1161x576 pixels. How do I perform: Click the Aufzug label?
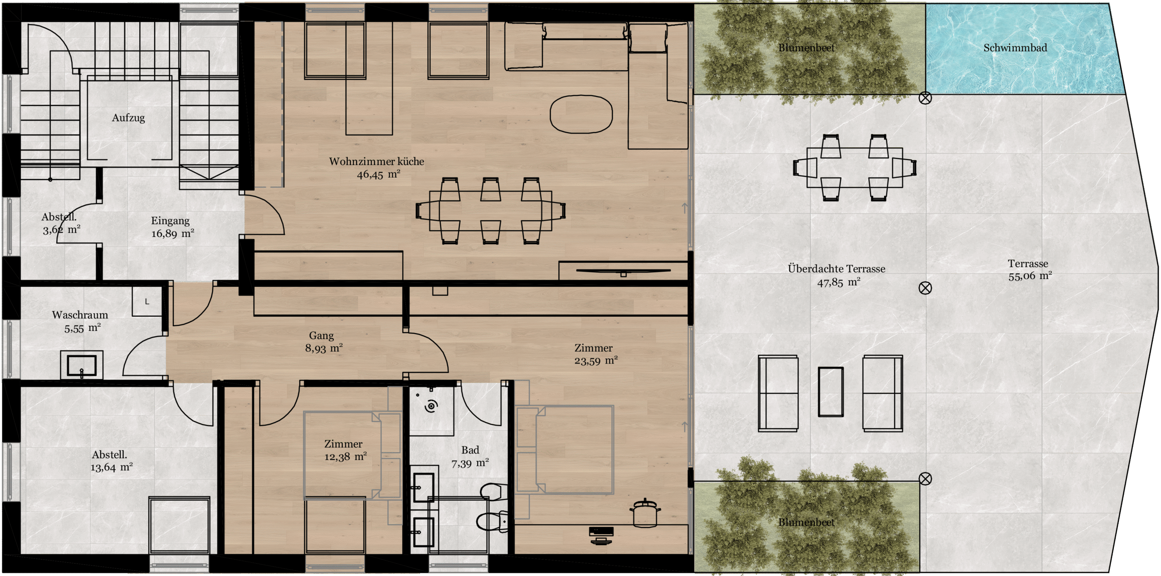coord(128,118)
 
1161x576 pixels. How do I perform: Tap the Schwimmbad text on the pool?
coord(1015,48)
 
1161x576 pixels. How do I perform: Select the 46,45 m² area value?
coord(378,174)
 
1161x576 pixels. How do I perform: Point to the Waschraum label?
coord(80,315)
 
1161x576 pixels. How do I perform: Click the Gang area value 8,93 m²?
coord(324,348)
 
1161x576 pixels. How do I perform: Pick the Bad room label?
coord(470,450)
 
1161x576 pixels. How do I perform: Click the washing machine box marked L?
coord(147,301)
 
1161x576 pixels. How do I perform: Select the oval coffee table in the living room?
coord(581,114)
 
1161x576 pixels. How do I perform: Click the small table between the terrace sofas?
coord(830,392)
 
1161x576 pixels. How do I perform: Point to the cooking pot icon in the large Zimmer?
coord(645,512)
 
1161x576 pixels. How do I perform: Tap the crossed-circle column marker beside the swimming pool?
coord(925,98)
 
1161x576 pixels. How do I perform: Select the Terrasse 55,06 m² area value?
coord(1030,276)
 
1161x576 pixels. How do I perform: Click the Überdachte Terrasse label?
coord(836,269)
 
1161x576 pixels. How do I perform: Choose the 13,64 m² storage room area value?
coord(112,467)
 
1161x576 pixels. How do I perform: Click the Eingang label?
coord(170,221)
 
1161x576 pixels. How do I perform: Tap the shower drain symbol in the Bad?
coord(431,406)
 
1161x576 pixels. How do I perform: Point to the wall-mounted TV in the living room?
coord(623,271)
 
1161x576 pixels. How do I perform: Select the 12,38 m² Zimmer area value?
coord(346,457)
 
